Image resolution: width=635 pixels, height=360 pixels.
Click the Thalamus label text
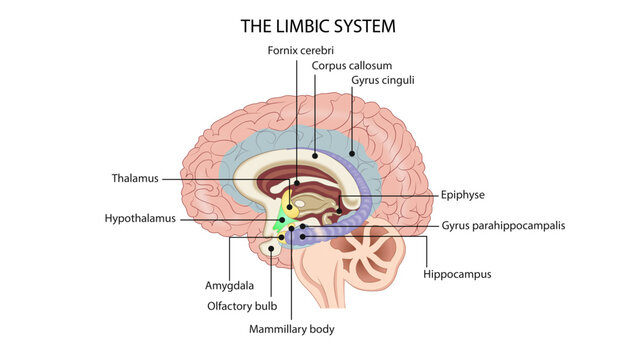(135, 179)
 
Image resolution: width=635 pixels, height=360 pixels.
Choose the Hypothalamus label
(140, 217)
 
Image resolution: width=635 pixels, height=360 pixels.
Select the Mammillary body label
(291, 328)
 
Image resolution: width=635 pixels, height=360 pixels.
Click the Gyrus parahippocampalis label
(503, 226)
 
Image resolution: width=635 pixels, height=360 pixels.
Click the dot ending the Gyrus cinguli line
(352, 152)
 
